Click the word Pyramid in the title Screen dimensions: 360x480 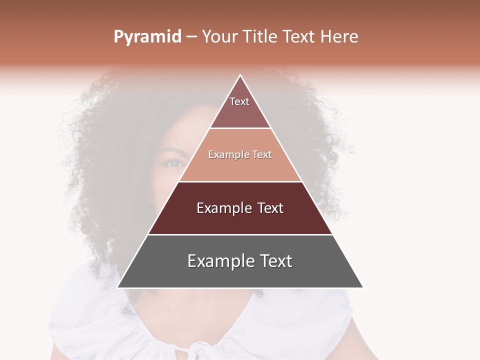[x=147, y=37]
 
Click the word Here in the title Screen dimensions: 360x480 [x=339, y=37]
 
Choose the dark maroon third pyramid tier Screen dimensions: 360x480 [x=240, y=215]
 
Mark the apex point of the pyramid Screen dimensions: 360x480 [x=240, y=75]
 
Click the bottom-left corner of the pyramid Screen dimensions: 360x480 [x=117, y=287]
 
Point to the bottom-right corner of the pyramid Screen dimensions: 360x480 [x=363, y=287]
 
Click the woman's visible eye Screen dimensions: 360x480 [x=173, y=162]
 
